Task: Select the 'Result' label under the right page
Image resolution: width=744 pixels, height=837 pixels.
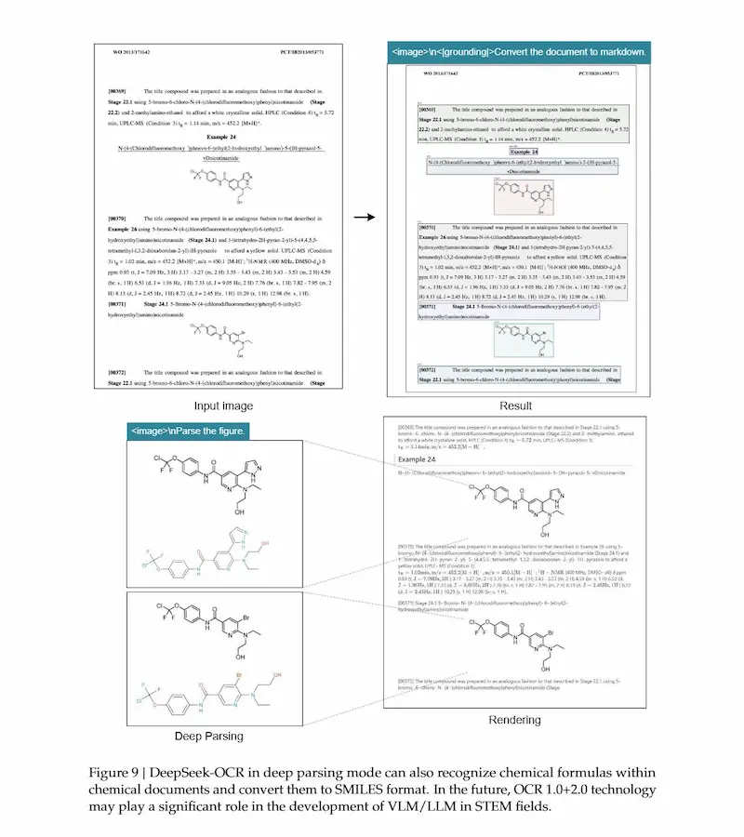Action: click(x=514, y=405)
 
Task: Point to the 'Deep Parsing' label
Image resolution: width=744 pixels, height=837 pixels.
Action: click(x=209, y=737)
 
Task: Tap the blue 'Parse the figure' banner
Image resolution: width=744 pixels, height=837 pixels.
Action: click(x=188, y=432)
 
